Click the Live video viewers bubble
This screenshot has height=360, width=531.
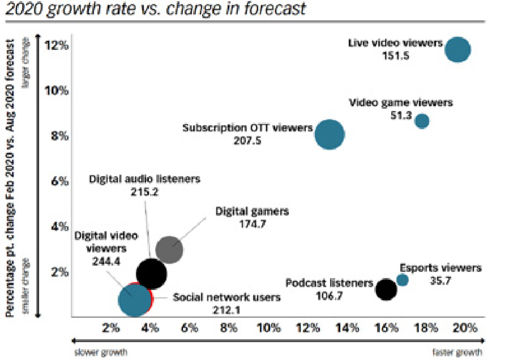tap(457, 50)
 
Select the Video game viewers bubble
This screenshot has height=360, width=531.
tap(422, 121)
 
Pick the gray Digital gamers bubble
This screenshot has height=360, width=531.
tap(169, 250)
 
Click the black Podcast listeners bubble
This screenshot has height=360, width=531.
tap(386, 289)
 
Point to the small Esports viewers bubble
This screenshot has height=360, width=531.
tap(402, 280)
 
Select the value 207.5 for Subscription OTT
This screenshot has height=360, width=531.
tap(247, 141)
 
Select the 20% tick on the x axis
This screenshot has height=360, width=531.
tap(465, 328)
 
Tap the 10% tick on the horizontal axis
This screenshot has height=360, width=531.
tap(268, 328)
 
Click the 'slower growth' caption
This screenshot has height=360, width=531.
tap(101, 352)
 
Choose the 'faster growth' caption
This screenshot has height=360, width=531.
tap(458, 352)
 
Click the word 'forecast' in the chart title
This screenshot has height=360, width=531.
tap(273, 10)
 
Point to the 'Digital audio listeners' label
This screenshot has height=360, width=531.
tap(145, 179)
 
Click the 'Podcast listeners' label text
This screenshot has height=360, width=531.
tap(329, 283)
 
